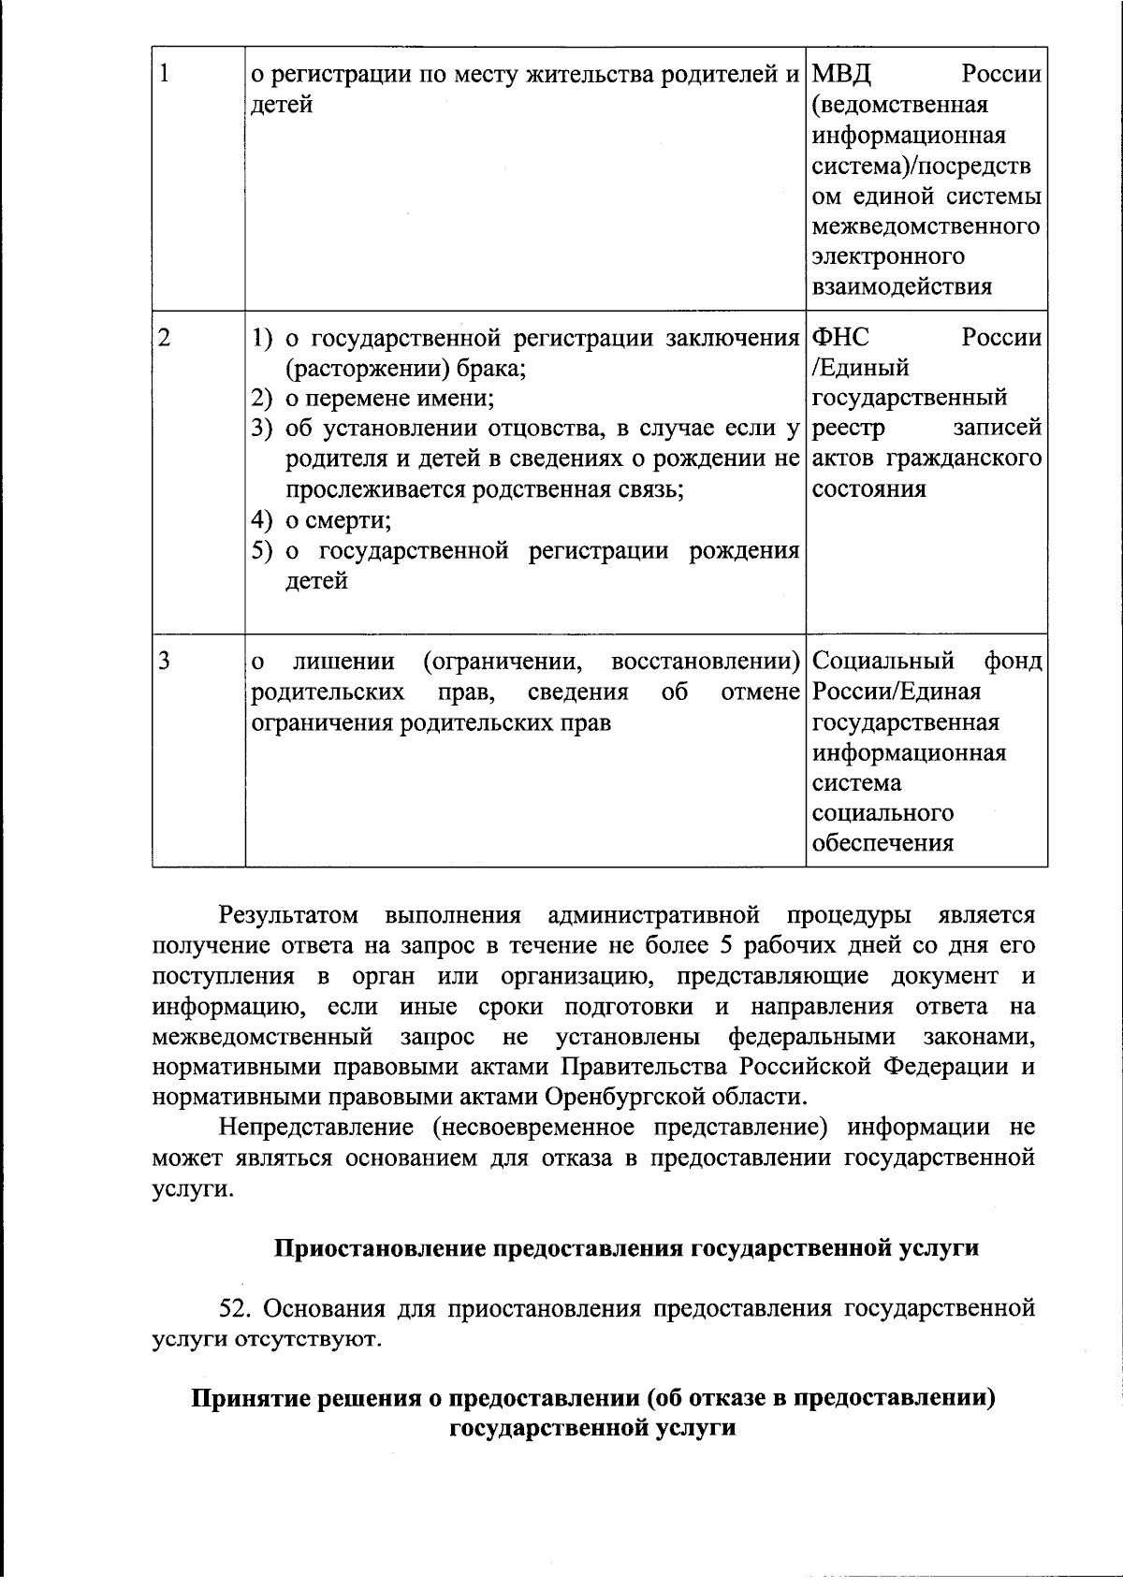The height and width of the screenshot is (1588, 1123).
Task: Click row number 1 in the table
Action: click(x=165, y=74)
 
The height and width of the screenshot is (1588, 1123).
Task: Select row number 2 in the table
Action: click(x=165, y=338)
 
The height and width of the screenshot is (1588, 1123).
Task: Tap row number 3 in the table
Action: click(x=165, y=662)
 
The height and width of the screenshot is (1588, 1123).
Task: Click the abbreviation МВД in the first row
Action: click(x=842, y=74)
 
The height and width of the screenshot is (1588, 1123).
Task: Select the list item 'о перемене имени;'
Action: click(x=389, y=399)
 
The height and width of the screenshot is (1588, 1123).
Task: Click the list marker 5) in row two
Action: click(x=263, y=551)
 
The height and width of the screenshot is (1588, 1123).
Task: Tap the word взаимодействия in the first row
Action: click(x=901, y=286)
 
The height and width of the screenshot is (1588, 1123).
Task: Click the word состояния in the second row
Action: click(x=869, y=489)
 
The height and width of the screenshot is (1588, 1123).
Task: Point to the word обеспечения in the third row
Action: click(x=882, y=843)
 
